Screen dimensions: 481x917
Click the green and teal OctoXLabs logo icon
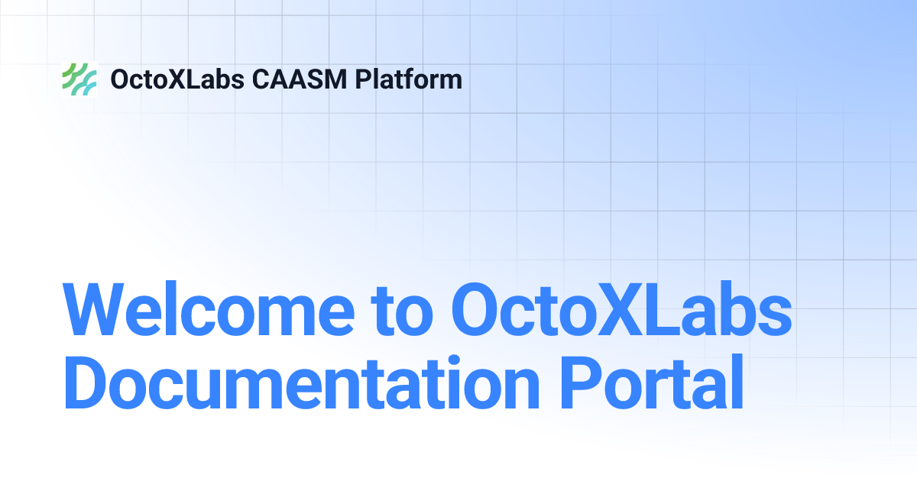pyautogui.click(x=79, y=79)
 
